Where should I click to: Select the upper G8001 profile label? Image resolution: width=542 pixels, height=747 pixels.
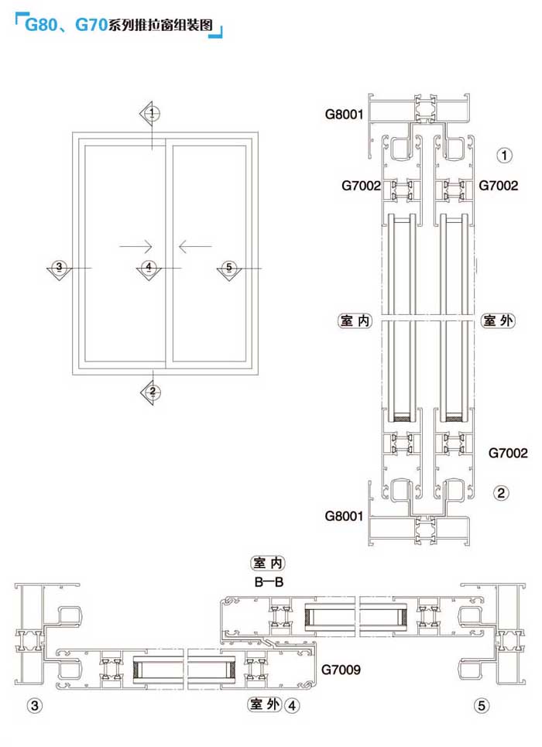pyautogui.click(x=344, y=115)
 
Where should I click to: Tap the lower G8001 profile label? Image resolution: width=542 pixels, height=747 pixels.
pyautogui.click(x=344, y=516)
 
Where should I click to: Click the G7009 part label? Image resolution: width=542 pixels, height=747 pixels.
pyautogui.click(x=341, y=670)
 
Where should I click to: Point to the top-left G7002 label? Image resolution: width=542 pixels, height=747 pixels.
pyautogui.click(x=361, y=185)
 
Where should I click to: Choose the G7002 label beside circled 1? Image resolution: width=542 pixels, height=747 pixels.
pyautogui.click(x=498, y=185)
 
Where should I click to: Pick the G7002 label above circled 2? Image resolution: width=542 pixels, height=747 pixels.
pyautogui.click(x=508, y=453)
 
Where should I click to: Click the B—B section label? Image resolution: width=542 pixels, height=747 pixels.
pyautogui.click(x=269, y=581)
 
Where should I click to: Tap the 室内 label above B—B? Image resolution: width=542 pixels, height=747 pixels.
pyautogui.click(x=268, y=563)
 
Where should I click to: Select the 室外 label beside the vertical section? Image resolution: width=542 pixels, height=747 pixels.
pyautogui.click(x=498, y=320)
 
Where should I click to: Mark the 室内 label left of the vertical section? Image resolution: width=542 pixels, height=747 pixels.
pyautogui.click(x=355, y=320)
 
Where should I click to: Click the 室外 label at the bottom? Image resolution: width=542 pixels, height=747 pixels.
pyautogui.click(x=265, y=704)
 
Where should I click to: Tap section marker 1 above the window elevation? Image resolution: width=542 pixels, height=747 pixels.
pyautogui.click(x=151, y=113)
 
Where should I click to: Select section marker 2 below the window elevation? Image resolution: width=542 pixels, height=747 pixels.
pyautogui.click(x=151, y=392)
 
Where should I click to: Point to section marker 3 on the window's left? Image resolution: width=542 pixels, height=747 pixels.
pyautogui.click(x=59, y=269)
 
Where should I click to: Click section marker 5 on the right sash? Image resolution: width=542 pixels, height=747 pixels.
pyautogui.click(x=229, y=270)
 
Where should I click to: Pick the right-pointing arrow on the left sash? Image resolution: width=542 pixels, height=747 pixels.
pyautogui.click(x=135, y=246)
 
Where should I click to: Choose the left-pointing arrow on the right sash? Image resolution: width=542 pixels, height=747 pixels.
pyautogui.click(x=195, y=246)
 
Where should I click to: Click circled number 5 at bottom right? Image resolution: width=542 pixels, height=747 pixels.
pyautogui.click(x=482, y=705)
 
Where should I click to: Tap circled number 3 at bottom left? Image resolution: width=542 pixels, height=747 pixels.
pyautogui.click(x=34, y=705)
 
